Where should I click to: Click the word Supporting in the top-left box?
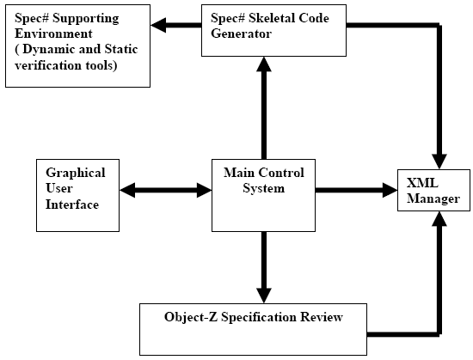pyautogui.click(x=86, y=19)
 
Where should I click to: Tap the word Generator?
pyautogui.click(x=241, y=34)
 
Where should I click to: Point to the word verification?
pyautogui.click(x=48, y=65)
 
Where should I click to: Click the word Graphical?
pyautogui.click(x=76, y=174)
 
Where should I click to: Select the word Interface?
pyautogui.click(x=72, y=204)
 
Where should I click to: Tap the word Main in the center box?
pyautogui.click(x=238, y=173)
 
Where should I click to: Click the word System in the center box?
pyautogui.click(x=264, y=188)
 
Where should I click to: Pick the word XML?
pyautogui.click(x=422, y=183)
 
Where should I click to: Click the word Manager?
pyautogui.click(x=433, y=198)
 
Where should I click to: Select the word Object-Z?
pyautogui.click(x=191, y=317)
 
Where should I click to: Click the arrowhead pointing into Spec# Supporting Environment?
pyautogui.click(x=158, y=25)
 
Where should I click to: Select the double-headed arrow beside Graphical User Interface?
pyautogui.click(x=166, y=190)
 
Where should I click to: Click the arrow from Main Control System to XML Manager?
pyautogui.click(x=356, y=190)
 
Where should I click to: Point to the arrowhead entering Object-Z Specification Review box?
pyautogui.click(x=264, y=296)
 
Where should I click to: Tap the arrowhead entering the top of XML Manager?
pyautogui.click(x=439, y=162)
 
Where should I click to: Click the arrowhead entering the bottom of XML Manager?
pyautogui.click(x=439, y=219)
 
